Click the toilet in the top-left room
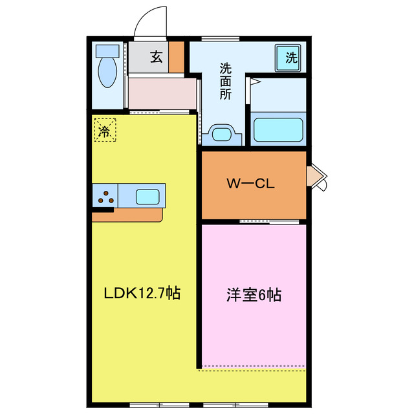(x=107, y=71)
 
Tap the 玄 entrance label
(x=157, y=58)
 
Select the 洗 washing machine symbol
(x=291, y=58)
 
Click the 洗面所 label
(x=225, y=81)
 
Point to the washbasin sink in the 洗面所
(x=222, y=135)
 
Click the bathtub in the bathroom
(x=278, y=128)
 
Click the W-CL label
(x=250, y=183)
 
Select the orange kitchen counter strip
(x=127, y=214)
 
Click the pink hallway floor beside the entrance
(x=162, y=94)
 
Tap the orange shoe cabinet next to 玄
(x=177, y=58)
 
